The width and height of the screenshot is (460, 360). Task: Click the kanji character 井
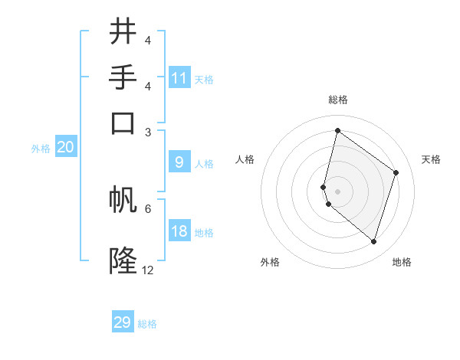(123, 32)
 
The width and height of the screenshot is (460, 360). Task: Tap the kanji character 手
(123, 78)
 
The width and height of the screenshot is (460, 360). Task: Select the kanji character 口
(123, 123)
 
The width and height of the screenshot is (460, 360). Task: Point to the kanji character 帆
(123, 200)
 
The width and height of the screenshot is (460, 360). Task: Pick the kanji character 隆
(123, 261)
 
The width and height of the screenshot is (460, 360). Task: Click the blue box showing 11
(179, 78)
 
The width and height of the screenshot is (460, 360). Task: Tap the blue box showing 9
(179, 162)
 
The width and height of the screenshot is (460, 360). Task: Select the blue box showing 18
(179, 231)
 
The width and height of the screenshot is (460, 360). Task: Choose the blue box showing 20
(65, 148)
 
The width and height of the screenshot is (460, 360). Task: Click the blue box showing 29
(123, 322)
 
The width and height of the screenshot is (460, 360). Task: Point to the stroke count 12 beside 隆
(148, 270)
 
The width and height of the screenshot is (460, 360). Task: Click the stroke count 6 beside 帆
(148, 208)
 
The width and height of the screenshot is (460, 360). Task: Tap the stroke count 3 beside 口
(148, 132)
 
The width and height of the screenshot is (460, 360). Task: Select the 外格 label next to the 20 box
(40, 149)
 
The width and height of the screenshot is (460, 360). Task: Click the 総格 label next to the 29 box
(147, 324)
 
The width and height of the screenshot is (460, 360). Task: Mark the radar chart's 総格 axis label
(337, 100)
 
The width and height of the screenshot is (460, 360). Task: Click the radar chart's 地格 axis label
(402, 262)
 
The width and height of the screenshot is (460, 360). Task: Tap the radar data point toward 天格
(396, 172)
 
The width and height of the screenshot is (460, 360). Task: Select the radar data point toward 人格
(324, 186)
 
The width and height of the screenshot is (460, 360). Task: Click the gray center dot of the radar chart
(337, 191)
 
